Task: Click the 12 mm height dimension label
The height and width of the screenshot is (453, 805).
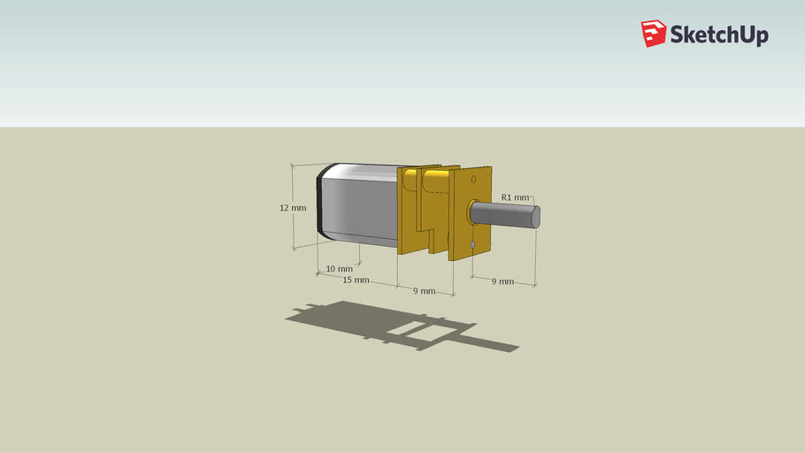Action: click(293, 208)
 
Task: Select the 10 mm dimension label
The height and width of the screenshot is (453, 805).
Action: click(339, 268)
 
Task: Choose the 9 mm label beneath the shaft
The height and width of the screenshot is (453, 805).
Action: click(502, 281)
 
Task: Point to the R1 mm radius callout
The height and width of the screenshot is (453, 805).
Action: click(515, 197)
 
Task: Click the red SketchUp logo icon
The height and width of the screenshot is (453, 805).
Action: click(654, 34)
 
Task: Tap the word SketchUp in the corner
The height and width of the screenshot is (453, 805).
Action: click(718, 35)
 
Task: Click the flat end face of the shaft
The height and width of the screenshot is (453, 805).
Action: click(536, 217)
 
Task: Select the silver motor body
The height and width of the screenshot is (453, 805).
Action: click(358, 203)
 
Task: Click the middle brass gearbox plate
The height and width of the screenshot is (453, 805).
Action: click(437, 212)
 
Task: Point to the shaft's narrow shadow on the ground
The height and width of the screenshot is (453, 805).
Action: click(491, 342)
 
